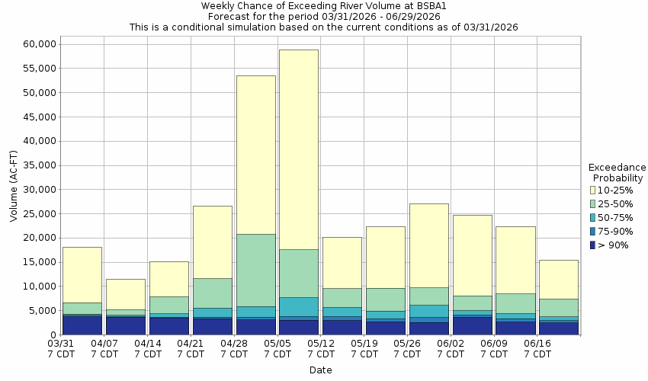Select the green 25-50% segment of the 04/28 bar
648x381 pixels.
(255, 270)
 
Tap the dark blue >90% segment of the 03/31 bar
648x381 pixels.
(82, 325)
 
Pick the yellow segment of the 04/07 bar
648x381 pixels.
(126, 294)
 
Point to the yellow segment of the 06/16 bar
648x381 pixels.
(559, 279)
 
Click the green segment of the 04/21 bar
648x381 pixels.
(212, 293)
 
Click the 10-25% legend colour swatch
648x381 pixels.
(594, 190)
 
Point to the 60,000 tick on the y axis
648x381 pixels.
(35, 44)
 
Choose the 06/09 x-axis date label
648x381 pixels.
(494, 349)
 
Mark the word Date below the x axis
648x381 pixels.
(320, 370)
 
